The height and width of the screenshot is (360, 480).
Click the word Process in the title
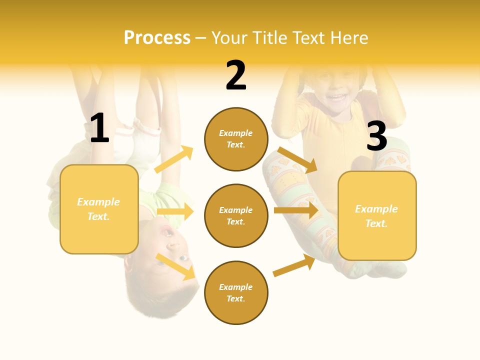[x=157, y=38]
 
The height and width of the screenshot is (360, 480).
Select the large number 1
[x=99, y=128]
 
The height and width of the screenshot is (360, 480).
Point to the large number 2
[x=236, y=76]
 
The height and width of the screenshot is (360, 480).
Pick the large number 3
[x=376, y=136]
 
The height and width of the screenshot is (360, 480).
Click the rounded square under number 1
[x=99, y=209]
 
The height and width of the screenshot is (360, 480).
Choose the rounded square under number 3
[x=377, y=215]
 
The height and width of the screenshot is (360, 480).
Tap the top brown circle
[x=236, y=139]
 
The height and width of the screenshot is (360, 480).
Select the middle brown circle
[x=236, y=215]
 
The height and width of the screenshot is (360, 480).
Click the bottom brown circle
[x=236, y=292]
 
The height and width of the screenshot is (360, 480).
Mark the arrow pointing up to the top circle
[x=174, y=159]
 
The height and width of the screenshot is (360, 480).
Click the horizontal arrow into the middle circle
[x=175, y=211]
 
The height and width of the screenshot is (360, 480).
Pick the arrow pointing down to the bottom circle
[x=175, y=266]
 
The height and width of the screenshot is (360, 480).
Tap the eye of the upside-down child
[x=182, y=258]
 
